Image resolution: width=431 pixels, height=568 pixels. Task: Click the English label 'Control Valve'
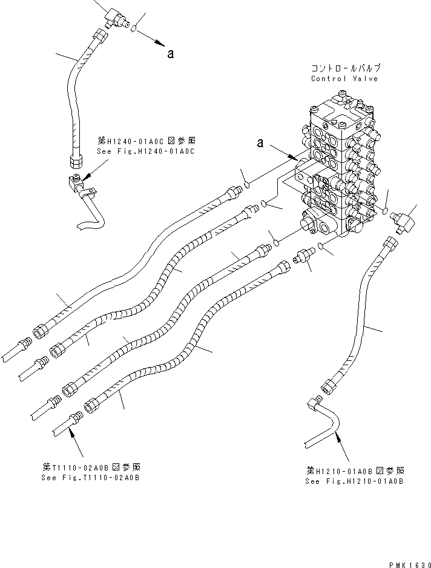tap(344, 79)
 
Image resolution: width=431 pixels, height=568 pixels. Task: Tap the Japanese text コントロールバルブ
tap(344, 68)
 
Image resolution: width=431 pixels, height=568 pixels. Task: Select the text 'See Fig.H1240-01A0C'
tap(145, 151)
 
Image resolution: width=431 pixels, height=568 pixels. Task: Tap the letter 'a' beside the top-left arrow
tap(171, 54)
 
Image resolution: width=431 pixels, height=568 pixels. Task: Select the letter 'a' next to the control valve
tap(260, 143)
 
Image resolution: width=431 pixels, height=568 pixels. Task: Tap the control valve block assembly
tap(339, 176)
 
